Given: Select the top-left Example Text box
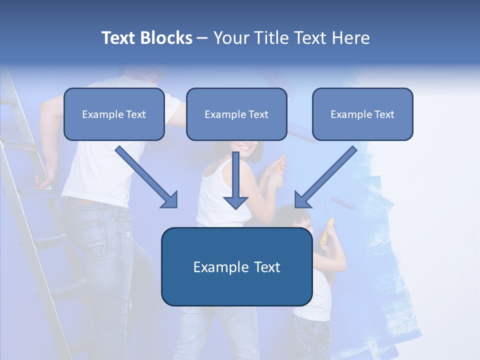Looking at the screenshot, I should point(114,114).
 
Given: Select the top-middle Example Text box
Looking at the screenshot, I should point(236,114).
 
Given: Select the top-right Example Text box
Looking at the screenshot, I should point(362,114).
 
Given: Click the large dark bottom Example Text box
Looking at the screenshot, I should point(236,266).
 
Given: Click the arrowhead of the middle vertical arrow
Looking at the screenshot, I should point(235,202).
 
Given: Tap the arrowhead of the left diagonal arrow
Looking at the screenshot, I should point(170,200).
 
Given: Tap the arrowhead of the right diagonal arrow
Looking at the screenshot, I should point(302,200).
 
